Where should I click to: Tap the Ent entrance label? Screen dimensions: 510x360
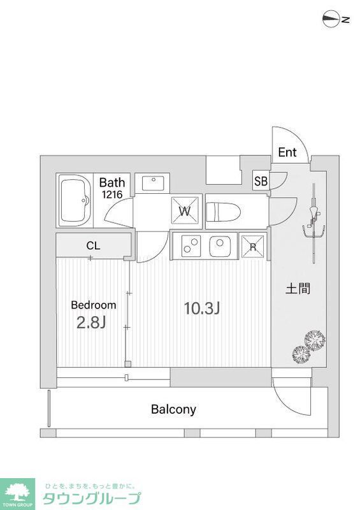(x=287, y=152)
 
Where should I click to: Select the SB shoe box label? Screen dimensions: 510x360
(x=261, y=180)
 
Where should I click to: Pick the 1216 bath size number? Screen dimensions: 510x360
(x=112, y=195)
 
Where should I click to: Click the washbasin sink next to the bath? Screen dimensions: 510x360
(x=153, y=184)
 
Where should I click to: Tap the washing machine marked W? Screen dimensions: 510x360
(x=184, y=211)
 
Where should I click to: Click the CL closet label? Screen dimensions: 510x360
(x=93, y=245)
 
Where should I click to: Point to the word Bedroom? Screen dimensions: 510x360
(x=93, y=305)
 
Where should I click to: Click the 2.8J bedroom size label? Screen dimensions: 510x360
(x=91, y=322)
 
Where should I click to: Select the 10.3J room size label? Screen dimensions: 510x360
(x=201, y=309)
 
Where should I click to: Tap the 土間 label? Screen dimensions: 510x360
(x=298, y=288)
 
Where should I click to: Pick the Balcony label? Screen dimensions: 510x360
(x=173, y=409)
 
